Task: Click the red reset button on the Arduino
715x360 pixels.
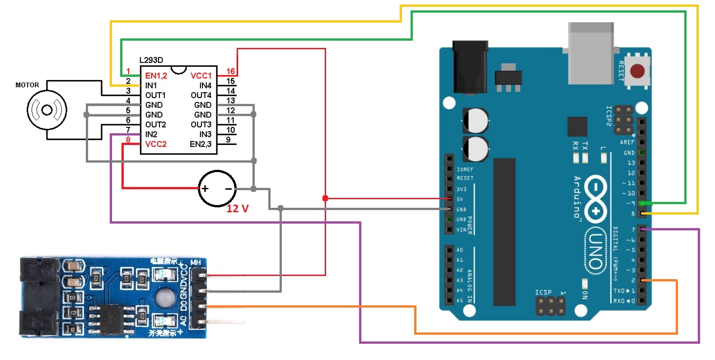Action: (637, 71)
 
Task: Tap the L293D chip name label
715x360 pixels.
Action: (151, 60)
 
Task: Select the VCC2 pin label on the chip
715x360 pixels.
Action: (156, 144)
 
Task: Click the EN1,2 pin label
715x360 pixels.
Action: (156, 75)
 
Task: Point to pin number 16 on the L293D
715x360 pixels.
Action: (230, 71)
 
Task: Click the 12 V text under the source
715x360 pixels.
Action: (238, 209)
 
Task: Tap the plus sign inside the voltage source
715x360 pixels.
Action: (205, 189)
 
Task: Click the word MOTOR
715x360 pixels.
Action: (27, 85)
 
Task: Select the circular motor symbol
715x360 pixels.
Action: (47, 110)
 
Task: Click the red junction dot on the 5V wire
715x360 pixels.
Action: (325, 198)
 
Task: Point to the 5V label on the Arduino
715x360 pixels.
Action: (460, 199)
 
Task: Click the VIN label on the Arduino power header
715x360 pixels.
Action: (461, 230)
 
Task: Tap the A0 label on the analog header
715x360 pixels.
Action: (459, 250)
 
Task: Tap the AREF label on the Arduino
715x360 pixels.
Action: (627, 142)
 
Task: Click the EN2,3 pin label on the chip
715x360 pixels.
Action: (201, 144)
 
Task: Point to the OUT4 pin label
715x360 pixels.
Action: (201, 95)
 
